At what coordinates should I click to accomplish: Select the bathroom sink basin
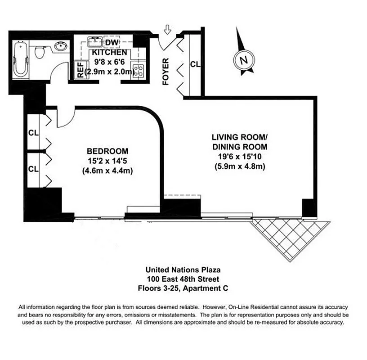[60, 46]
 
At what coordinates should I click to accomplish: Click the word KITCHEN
[110, 52]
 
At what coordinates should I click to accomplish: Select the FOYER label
[166, 72]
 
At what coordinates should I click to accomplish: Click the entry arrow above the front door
[168, 31]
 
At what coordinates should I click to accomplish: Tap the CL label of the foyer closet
[195, 64]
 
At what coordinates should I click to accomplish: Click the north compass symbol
[243, 59]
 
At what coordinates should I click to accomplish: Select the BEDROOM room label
[107, 151]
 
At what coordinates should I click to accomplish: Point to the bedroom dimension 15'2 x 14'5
[107, 161]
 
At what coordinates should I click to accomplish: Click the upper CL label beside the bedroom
[33, 133]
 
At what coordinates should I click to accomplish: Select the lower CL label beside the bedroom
[33, 169]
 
